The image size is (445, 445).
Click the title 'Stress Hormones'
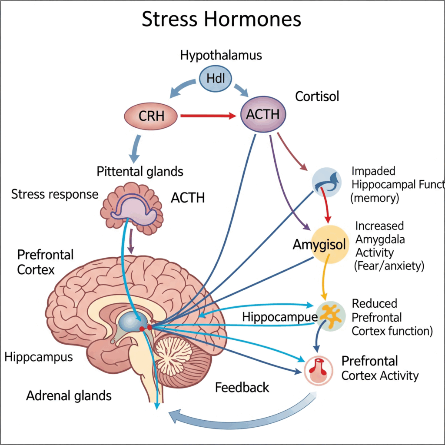coord(222,20)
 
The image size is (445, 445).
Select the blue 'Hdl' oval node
coord(215,79)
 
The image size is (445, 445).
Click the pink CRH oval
coord(151,116)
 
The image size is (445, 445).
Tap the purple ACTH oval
coord(263,114)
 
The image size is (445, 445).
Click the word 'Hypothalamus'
coord(215,55)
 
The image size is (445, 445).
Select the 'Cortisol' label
coord(317,96)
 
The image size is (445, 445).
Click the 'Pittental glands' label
coord(140,171)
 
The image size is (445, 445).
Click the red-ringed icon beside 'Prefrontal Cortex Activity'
coord(321,370)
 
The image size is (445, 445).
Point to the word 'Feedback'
coord(242,387)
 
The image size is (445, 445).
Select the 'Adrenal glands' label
coord(69,396)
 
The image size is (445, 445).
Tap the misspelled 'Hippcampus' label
coord(39,357)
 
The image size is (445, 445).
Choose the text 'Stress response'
coord(55,194)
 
